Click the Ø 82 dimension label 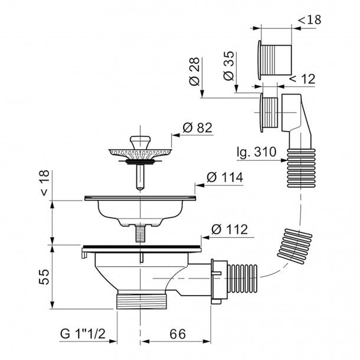198,128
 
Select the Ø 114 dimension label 224,178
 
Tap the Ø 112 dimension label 230,229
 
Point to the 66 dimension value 178,334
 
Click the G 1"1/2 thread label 83,333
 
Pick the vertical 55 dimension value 44,277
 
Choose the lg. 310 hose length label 257,152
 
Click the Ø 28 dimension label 195,71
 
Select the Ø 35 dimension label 228,66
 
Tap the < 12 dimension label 302,79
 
